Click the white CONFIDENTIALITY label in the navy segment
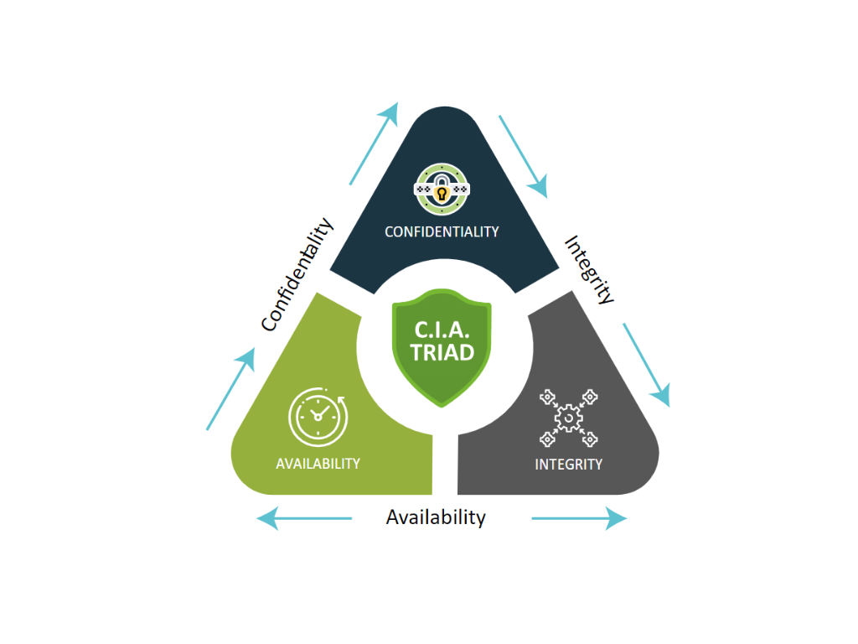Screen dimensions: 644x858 pos(442,231)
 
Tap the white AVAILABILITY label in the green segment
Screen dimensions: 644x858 pos(318,463)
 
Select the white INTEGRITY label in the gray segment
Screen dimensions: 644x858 pos(568,464)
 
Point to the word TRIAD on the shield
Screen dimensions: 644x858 pos(442,351)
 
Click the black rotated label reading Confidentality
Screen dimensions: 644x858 pos(297,274)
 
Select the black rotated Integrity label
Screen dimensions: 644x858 pos(589,268)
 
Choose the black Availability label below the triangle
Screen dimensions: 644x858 pos(436,517)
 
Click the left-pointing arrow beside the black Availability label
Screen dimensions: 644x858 pos(303,518)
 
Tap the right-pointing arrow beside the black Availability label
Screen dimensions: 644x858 pos(579,519)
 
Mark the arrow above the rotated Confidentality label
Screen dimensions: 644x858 pos(374,144)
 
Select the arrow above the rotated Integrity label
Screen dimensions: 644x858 pos(523,156)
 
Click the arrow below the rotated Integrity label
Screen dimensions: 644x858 pos(647,365)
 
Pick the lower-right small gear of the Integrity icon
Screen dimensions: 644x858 pos(590,437)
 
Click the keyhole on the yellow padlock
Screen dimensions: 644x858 pos(442,193)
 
